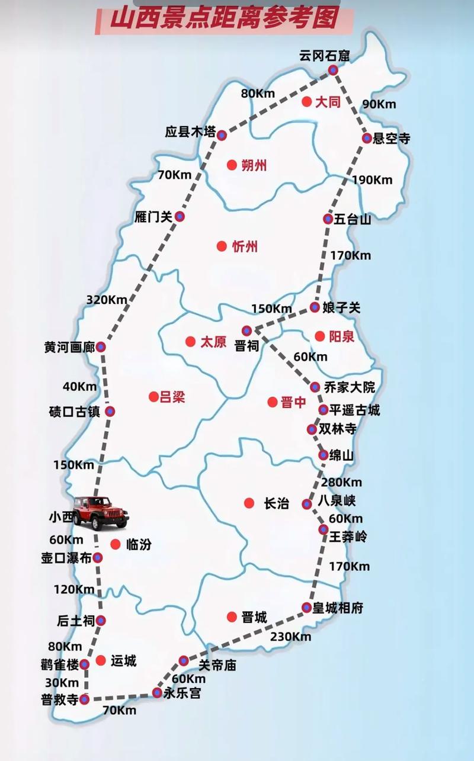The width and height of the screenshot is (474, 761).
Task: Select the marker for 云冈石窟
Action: pyautogui.click(x=334, y=70)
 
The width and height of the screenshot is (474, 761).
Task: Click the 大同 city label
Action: pyautogui.click(x=328, y=102)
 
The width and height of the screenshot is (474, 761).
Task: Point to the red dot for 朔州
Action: pyautogui.click(x=231, y=165)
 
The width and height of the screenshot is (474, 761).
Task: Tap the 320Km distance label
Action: pyautogui.click(x=107, y=300)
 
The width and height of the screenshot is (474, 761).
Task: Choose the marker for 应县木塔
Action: pyautogui.click(x=222, y=135)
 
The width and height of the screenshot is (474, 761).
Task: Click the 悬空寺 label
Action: pyautogui.click(x=392, y=139)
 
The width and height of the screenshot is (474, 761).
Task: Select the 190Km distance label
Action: pyautogui.click(x=371, y=180)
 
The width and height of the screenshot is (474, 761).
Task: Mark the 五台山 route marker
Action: pyautogui.click(x=328, y=219)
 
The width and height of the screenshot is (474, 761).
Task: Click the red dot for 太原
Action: pyautogui.click(x=190, y=342)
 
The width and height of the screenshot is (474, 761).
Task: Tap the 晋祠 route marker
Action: pyautogui.click(x=246, y=331)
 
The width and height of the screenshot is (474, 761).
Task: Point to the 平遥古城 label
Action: pyautogui.click(x=354, y=410)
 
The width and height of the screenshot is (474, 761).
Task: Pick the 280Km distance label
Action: pyautogui.click(x=341, y=482)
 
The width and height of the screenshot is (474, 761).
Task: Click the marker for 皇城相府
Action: pyautogui.click(x=306, y=607)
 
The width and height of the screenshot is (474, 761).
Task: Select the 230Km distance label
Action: pyautogui.click(x=290, y=637)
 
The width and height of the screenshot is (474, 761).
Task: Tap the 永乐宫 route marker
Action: pyautogui.click(x=157, y=692)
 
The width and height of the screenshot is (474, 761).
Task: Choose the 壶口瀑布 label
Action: pyautogui.click(x=66, y=558)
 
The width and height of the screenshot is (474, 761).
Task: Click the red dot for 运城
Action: pyautogui.click(x=101, y=660)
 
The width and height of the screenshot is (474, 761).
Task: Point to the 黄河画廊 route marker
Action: pyautogui.click(x=101, y=347)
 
